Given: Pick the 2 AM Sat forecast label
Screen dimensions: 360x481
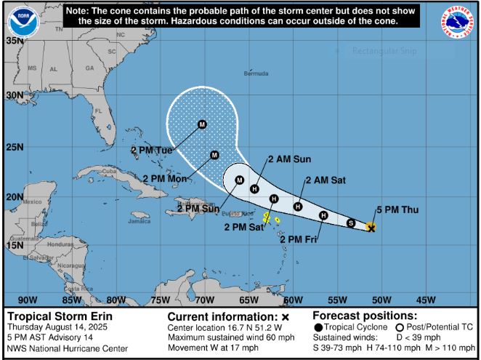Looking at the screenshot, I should pos(325,180).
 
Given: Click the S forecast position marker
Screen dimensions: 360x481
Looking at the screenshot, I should pos(351,223).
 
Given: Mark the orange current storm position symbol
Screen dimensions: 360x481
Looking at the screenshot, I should pos(371,228).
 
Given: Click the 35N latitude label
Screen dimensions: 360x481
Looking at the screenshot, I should pos(13,41).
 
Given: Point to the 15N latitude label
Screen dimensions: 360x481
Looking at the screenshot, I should pos(13,245).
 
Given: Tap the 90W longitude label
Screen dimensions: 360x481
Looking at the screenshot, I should pos(27,299).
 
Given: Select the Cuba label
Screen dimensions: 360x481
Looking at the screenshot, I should pos(110,172).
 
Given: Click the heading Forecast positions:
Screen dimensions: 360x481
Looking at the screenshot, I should pos(365,316).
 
